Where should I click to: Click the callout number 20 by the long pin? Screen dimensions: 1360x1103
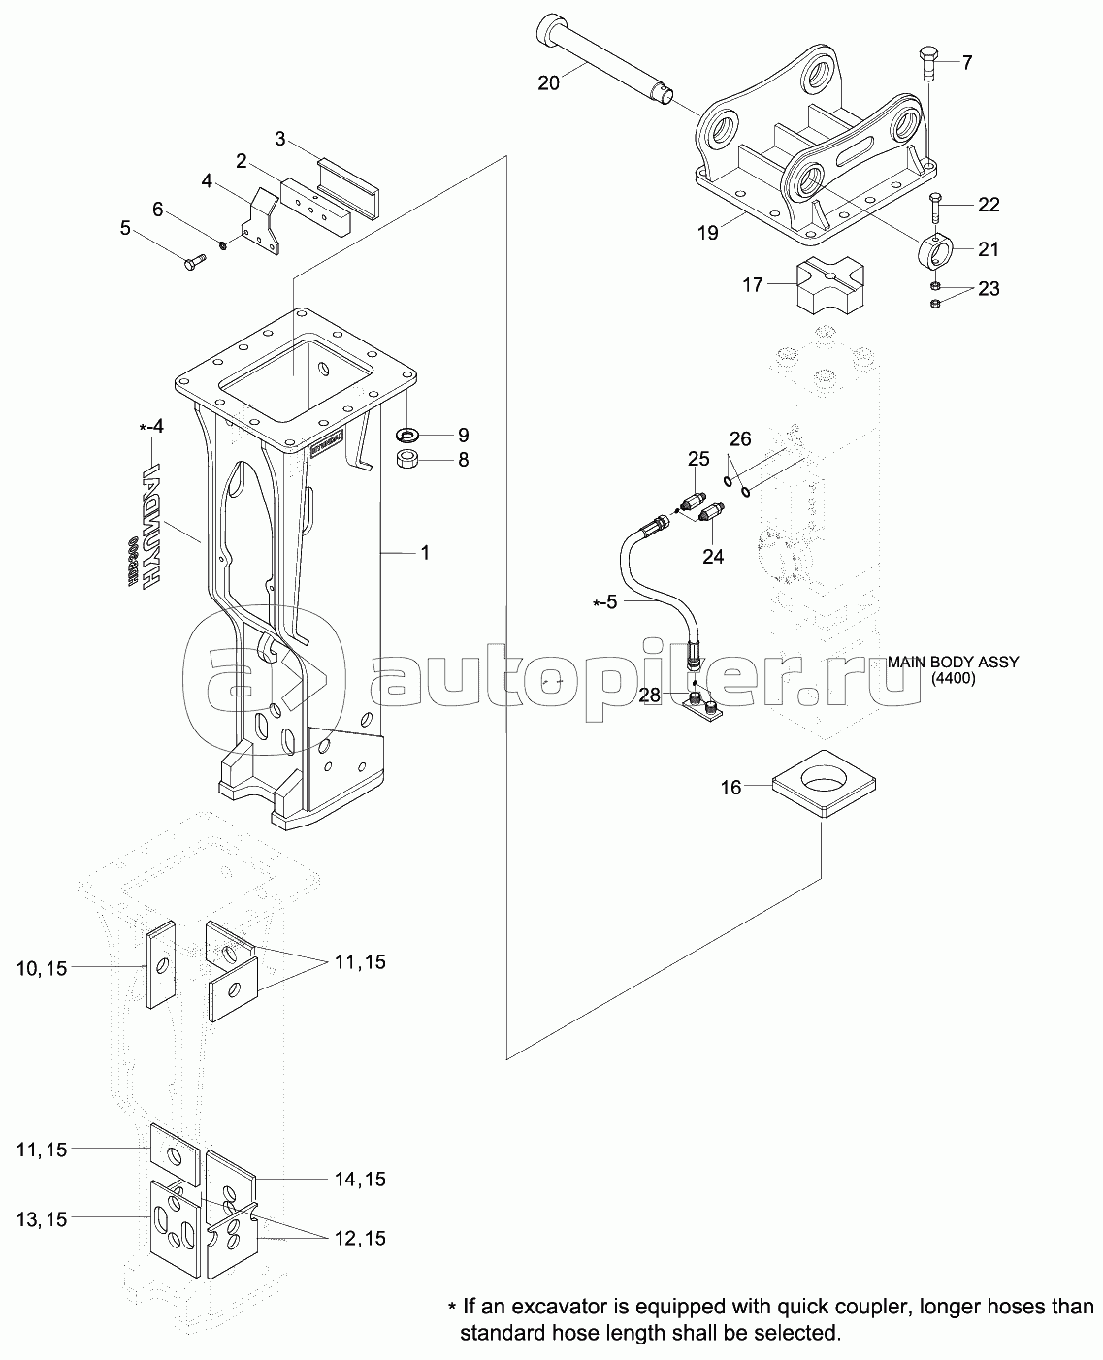click(x=548, y=83)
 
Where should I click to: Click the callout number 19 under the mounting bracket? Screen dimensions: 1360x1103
click(x=709, y=233)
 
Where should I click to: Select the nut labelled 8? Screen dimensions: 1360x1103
click(x=408, y=458)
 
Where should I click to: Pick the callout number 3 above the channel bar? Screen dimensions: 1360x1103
click(x=279, y=138)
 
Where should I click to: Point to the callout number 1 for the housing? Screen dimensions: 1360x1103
click(x=424, y=552)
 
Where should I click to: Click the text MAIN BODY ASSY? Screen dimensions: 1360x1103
click(x=954, y=663)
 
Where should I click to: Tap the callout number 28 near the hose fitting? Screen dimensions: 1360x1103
click(x=650, y=695)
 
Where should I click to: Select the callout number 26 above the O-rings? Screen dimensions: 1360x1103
click(x=740, y=439)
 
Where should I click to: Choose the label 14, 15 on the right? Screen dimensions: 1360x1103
click(x=360, y=1180)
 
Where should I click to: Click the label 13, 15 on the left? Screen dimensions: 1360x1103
click(x=42, y=1219)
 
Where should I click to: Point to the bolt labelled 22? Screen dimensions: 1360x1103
click(x=933, y=209)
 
